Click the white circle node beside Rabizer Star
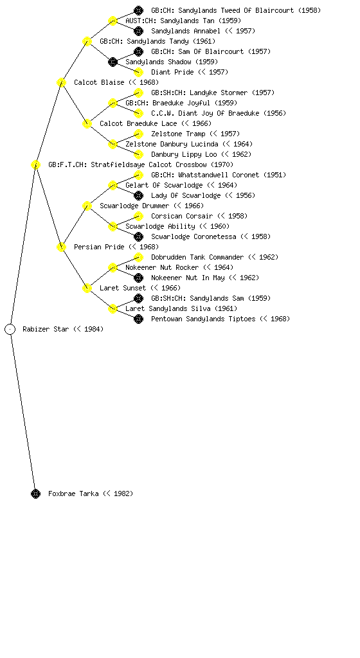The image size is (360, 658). (10, 329)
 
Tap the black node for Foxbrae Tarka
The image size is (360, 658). (35, 493)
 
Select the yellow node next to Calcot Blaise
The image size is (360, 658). (61, 82)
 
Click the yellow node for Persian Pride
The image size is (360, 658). (61, 247)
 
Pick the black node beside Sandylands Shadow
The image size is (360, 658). (113, 62)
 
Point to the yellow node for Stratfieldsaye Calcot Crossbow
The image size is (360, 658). (35, 164)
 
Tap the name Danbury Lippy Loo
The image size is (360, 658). (184, 154)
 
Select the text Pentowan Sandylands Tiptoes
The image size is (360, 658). (203, 319)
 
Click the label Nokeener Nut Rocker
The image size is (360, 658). (162, 267)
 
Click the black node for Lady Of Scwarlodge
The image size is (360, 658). (138, 195)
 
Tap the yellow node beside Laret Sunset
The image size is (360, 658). (87, 288)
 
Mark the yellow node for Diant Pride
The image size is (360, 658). (138, 72)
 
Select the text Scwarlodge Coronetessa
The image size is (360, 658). (194, 236)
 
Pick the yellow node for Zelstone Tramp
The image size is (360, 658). (138, 134)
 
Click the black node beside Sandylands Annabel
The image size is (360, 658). (138, 31)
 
